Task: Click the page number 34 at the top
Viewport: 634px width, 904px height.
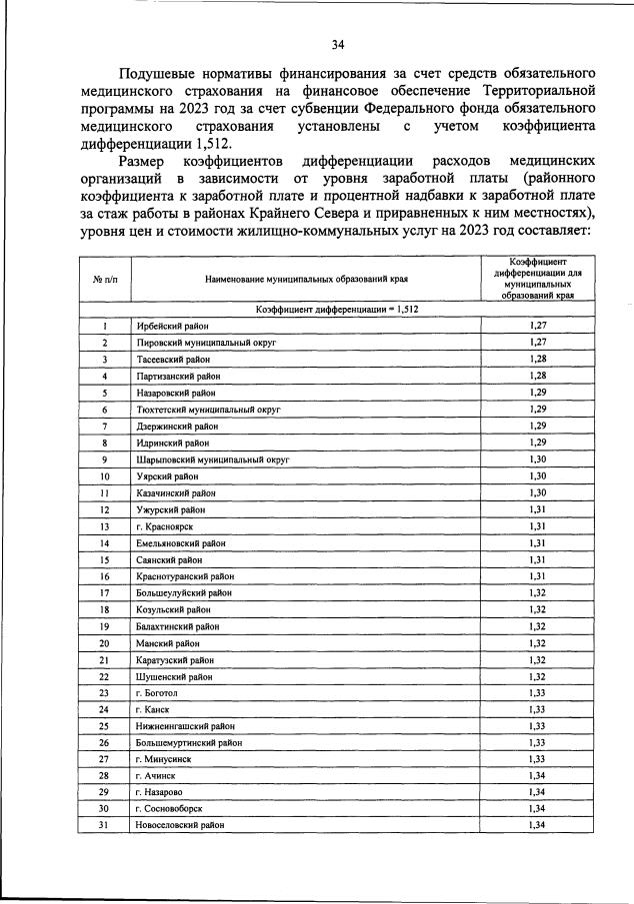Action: coord(338,43)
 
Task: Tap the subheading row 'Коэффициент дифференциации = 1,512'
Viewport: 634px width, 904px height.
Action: coord(337,310)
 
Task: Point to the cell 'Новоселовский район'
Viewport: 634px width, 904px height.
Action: coord(180,825)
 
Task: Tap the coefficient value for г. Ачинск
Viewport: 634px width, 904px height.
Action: coord(538,775)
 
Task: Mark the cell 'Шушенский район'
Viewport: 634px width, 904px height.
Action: coord(174,675)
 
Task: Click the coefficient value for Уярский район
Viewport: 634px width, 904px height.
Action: coord(538,475)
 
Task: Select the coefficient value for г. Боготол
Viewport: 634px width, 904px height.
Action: coord(538,692)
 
